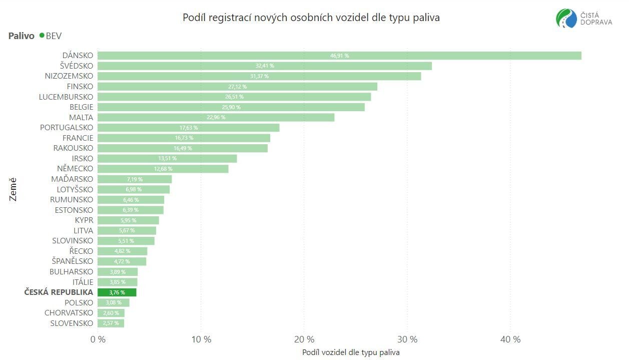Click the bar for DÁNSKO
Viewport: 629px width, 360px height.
(339, 56)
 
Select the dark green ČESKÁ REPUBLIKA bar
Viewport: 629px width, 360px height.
(117, 292)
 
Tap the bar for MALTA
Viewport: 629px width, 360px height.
(216, 117)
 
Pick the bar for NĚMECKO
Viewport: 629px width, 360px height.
(163, 169)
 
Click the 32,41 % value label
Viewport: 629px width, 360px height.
(265, 66)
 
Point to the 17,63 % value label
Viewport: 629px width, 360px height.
(189, 128)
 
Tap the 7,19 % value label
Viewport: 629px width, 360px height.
(135, 179)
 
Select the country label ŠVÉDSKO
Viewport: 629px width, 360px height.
(73, 66)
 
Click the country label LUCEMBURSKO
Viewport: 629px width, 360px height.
(66, 97)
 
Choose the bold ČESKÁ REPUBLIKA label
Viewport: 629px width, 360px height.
(59, 292)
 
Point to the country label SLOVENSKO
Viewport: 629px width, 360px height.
(72, 323)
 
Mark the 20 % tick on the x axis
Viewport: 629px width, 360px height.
(304, 339)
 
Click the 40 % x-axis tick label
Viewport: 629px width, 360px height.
(510, 339)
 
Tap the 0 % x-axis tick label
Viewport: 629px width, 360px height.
(98, 339)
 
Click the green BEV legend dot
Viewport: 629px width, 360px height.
(42, 36)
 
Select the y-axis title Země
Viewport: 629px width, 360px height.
(13, 189)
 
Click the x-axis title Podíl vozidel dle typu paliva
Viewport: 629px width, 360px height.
(351, 352)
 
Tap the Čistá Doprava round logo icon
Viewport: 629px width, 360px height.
(566, 19)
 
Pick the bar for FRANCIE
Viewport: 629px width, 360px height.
(184, 138)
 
